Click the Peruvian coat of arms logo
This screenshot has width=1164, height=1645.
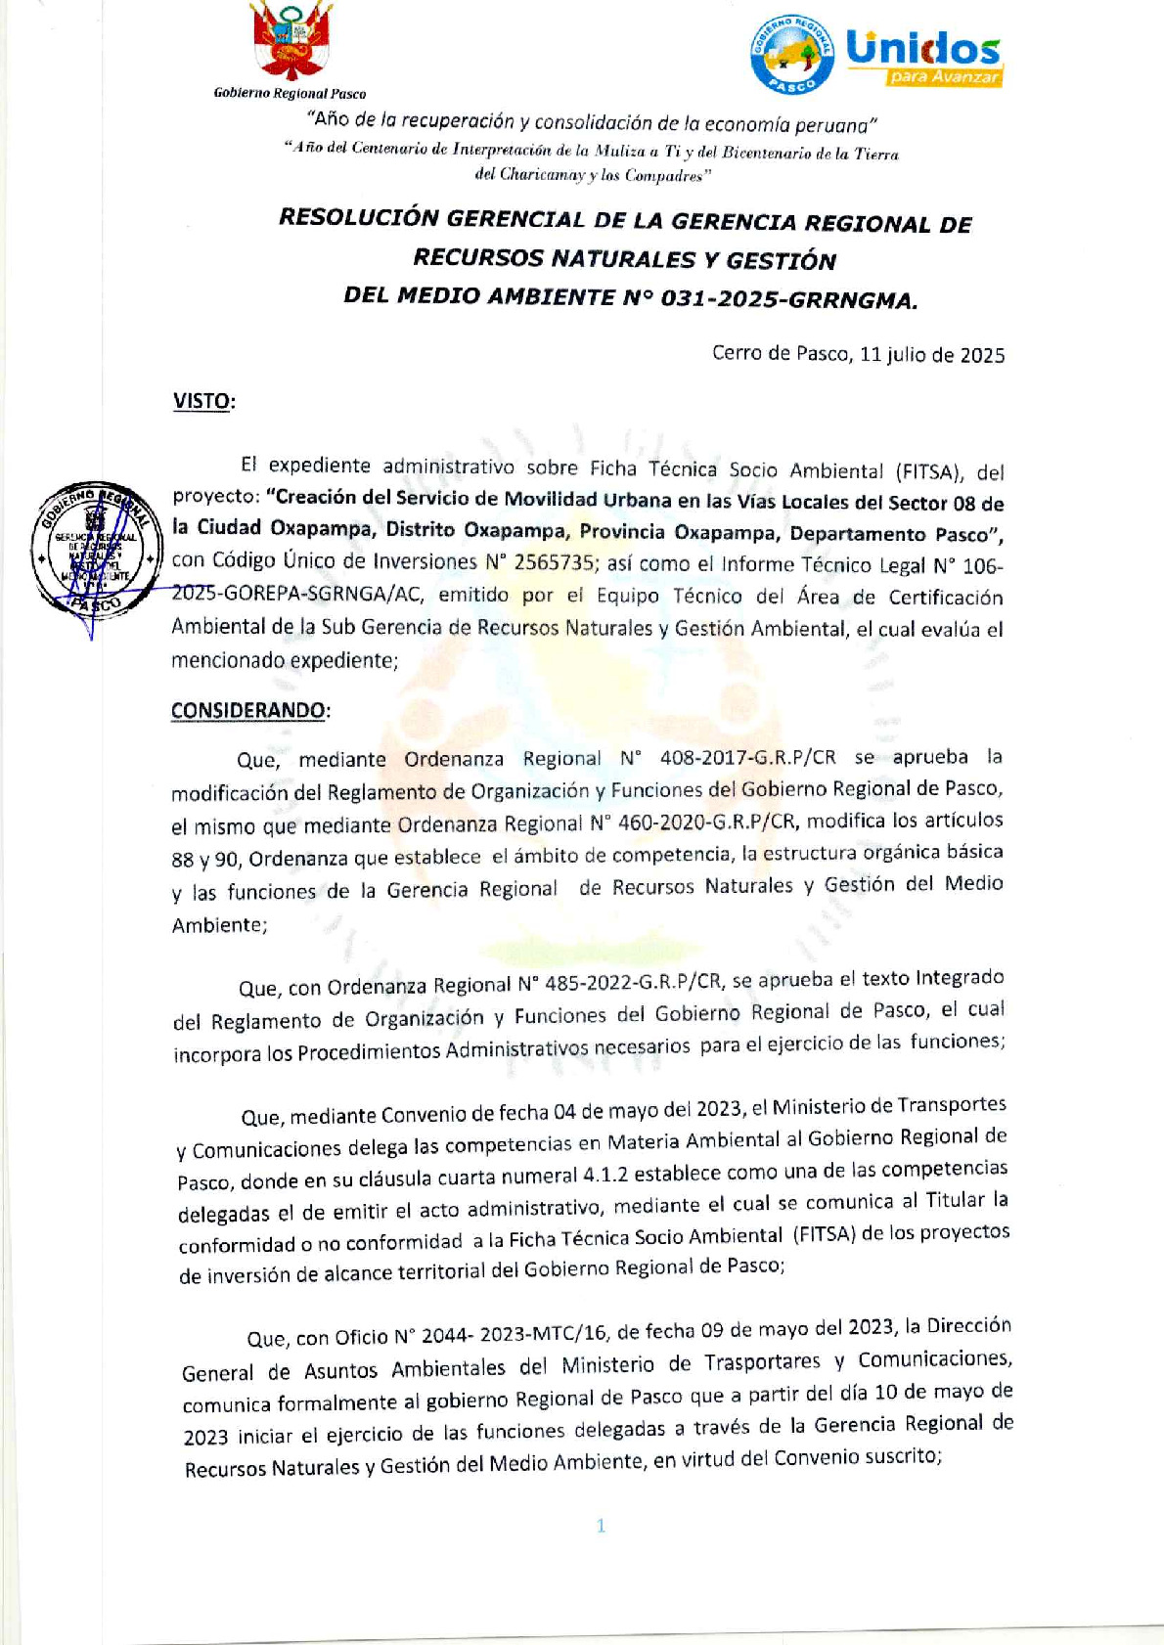[291, 42]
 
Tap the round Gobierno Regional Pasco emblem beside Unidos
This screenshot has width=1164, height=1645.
[792, 55]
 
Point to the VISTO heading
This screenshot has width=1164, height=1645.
[202, 401]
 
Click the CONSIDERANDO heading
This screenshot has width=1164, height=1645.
[248, 710]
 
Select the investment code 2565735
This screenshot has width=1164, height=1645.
[555, 562]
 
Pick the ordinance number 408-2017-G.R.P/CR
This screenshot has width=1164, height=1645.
[748, 757]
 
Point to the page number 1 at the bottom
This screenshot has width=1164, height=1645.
[601, 1526]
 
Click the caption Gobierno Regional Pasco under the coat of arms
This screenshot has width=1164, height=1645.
[290, 94]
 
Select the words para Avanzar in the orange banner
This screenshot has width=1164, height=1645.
[944, 77]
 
